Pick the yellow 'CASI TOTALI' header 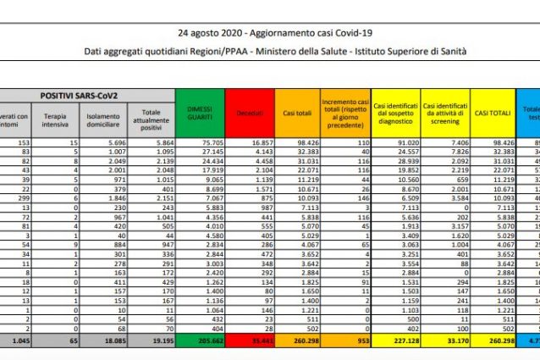pyautogui.click(x=492, y=111)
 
